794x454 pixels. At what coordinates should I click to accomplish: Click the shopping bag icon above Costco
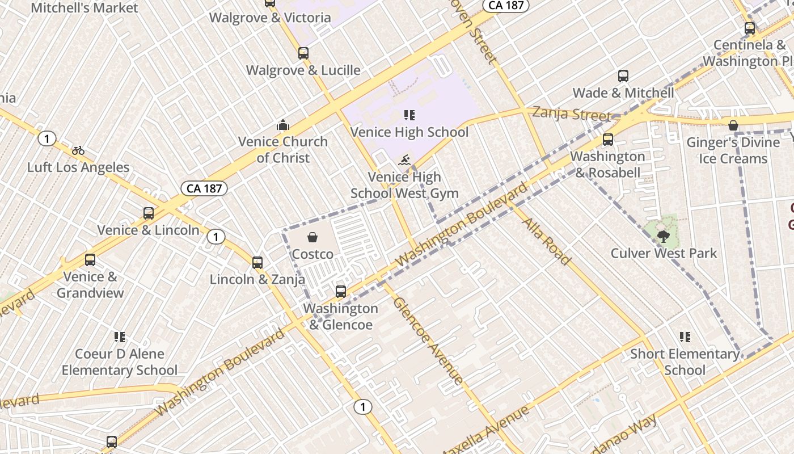click(x=312, y=237)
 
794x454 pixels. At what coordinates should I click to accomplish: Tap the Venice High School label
click(x=409, y=132)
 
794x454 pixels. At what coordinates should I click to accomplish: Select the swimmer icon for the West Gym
click(x=405, y=160)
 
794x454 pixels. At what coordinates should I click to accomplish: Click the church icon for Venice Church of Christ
click(x=282, y=125)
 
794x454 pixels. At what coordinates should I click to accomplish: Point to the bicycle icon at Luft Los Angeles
click(x=78, y=150)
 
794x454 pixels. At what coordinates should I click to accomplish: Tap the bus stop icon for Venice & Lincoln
click(x=149, y=213)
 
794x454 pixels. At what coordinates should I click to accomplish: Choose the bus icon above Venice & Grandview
click(x=90, y=260)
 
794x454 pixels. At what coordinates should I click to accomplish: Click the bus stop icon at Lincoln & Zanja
click(x=257, y=263)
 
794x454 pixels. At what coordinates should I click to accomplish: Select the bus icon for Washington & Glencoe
click(x=341, y=292)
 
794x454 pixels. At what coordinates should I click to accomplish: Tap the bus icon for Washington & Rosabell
click(x=608, y=139)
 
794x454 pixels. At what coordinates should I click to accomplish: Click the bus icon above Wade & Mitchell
click(x=623, y=76)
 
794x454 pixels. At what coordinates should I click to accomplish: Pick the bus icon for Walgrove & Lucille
click(x=303, y=53)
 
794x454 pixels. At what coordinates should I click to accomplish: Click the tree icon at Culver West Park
click(x=663, y=236)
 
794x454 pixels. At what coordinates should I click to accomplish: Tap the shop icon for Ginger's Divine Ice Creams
click(x=733, y=125)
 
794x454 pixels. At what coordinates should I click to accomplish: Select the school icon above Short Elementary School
click(x=685, y=337)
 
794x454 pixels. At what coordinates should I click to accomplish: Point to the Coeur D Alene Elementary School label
click(x=120, y=362)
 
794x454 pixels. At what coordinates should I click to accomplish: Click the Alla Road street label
click(x=546, y=241)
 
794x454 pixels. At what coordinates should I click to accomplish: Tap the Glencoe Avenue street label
click(x=428, y=340)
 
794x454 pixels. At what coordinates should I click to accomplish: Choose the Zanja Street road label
click(x=572, y=114)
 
